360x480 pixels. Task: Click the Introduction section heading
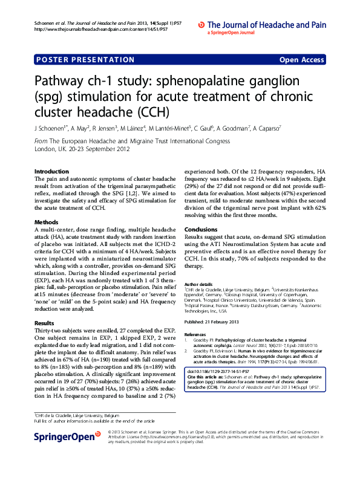point(51,172)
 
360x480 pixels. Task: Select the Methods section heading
point(46,222)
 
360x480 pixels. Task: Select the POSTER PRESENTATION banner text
point(85,60)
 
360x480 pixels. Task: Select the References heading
point(195,334)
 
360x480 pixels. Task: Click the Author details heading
point(198,284)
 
